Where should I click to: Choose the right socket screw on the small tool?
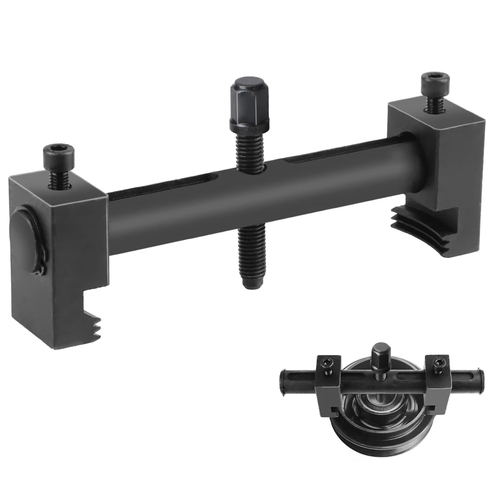[x=437, y=363]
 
